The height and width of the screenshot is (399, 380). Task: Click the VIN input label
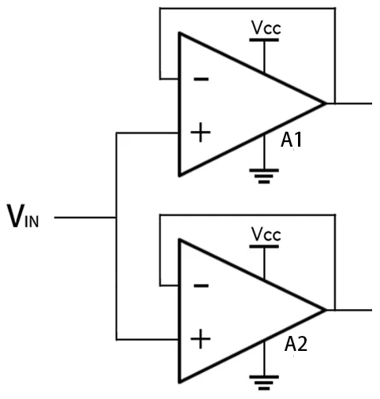23,216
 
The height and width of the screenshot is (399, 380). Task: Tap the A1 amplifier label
291,140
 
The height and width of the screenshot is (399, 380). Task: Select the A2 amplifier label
296,344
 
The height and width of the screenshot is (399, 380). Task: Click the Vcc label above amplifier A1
266,28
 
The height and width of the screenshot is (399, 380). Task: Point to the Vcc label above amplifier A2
266,234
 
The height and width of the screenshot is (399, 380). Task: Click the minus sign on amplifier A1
201,79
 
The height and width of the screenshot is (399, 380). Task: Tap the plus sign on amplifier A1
200,132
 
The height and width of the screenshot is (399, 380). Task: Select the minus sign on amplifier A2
201,285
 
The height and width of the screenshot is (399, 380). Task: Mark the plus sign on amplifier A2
200,339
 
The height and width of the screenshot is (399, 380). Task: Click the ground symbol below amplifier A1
264,176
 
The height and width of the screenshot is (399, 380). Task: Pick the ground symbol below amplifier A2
264,382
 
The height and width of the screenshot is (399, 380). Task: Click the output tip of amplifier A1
326,103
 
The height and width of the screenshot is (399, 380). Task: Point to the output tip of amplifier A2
326,310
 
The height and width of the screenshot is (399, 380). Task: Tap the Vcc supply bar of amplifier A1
264,40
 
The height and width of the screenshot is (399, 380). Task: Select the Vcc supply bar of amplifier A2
264,247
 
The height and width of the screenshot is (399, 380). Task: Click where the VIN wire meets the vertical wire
116,218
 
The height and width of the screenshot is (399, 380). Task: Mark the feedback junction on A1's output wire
335,103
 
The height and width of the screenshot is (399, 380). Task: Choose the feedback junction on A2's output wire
335,310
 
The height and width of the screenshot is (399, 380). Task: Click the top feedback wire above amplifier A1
248,9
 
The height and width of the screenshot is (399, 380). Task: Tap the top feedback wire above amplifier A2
248,215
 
